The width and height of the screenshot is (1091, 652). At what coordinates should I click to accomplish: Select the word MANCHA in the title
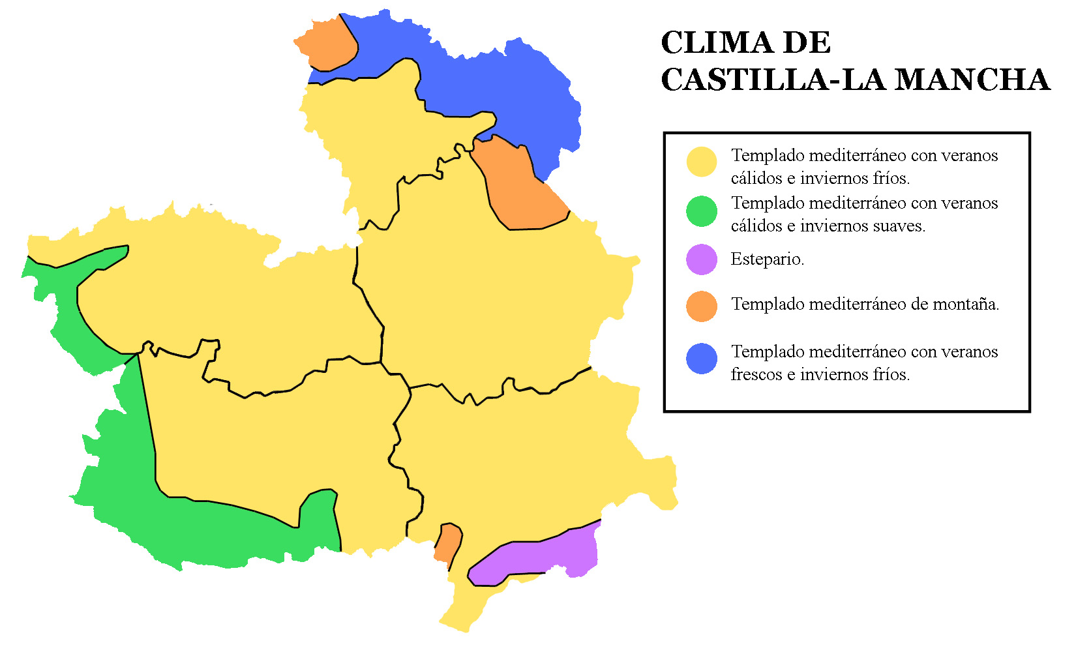tap(972, 80)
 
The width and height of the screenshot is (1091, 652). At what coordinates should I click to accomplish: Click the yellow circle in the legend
tap(702, 161)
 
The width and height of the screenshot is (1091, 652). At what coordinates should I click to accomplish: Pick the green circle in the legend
tap(702, 211)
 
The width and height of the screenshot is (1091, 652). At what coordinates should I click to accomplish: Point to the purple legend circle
tap(702, 259)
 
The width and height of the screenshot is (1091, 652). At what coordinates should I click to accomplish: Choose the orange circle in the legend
tap(702, 306)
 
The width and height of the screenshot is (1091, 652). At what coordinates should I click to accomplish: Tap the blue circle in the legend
tap(702, 359)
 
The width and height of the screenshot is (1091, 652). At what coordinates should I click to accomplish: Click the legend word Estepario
tap(767, 259)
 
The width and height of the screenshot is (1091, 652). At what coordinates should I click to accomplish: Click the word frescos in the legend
tap(757, 375)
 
